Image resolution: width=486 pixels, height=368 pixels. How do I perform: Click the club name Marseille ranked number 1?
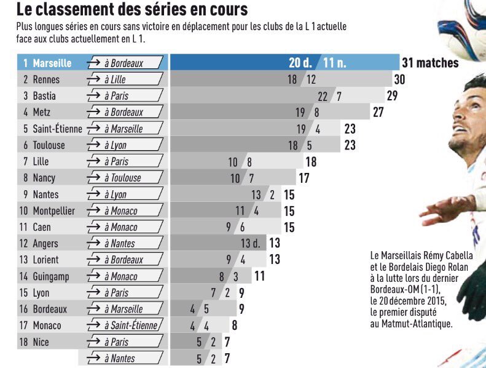(52, 63)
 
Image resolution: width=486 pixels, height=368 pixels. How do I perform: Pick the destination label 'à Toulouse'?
(122, 178)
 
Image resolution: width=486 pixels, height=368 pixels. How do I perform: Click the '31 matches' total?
(430, 63)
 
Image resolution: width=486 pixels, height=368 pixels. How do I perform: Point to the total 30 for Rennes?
(399, 79)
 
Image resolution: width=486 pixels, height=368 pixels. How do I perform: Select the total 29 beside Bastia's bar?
(393, 95)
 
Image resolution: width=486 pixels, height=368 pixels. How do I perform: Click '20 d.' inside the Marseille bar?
(301, 63)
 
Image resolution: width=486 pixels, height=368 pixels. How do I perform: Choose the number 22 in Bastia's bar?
(323, 96)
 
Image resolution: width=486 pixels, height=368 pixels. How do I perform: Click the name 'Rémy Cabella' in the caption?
(447, 255)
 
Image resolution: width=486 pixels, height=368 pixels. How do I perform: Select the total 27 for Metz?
(378, 112)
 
